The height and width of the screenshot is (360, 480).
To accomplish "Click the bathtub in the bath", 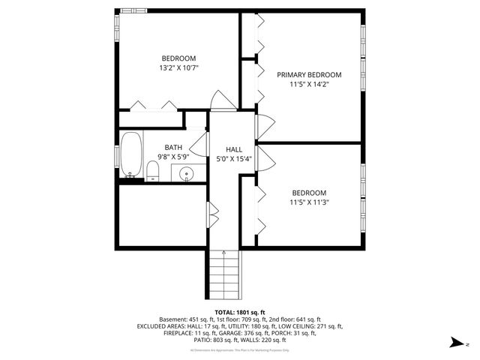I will pyautogui.click(x=131, y=156).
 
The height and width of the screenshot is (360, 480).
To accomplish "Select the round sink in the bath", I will pyautogui.click(x=187, y=175).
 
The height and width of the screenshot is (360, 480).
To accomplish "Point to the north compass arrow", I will pyautogui.click(x=455, y=343).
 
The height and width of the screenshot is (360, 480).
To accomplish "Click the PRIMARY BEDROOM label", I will pyautogui.click(x=309, y=75).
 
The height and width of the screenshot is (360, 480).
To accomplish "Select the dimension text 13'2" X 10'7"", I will pyautogui.click(x=178, y=68).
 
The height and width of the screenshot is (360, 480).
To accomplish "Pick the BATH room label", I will pyautogui.click(x=173, y=148).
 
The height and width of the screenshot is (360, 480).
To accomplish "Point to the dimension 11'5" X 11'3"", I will pyautogui.click(x=309, y=202).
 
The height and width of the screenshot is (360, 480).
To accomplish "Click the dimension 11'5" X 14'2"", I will pyautogui.click(x=309, y=85).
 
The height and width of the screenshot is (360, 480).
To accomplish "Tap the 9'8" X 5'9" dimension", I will pyautogui.click(x=173, y=157).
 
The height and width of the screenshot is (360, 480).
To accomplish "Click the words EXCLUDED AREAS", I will pyautogui.click(x=162, y=326).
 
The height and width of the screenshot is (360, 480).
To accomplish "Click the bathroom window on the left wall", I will pyautogui.click(x=117, y=155).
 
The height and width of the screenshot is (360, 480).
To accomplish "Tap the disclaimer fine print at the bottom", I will pyautogui.click(x=239, y=350).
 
